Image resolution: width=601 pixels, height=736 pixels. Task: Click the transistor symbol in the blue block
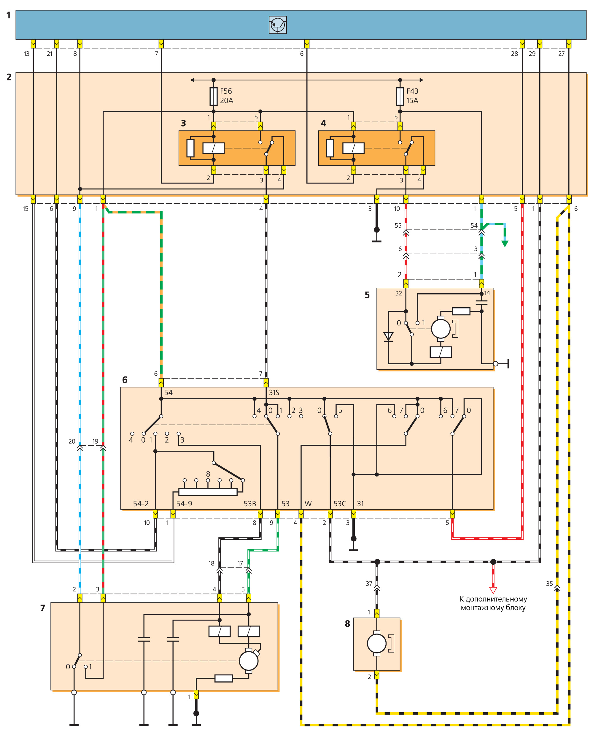(x=278, y=25)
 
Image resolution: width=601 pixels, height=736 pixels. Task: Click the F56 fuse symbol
(x=214, y=96)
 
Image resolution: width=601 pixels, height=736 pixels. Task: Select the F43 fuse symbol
(x=400, y=96)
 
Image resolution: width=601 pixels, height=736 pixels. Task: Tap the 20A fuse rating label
(x=226, y=100)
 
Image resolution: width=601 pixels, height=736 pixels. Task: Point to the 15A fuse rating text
(x=412, y=100)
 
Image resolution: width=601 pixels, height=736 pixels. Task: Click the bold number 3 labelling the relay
(x=184, y=124)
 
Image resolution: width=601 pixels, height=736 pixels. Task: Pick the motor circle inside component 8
(x=377, y=643)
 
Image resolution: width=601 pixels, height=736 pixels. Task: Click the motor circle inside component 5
(x=441, y=328)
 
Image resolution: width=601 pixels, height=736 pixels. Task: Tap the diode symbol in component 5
(x=388, y=337)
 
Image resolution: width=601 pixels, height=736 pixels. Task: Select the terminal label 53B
(x=249, y=504)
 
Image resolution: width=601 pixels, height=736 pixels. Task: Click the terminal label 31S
(x=274, y=392)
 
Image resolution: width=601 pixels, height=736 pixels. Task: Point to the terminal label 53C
(x=340, y=504)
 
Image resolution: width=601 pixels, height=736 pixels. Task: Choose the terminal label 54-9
(x=184, y=504)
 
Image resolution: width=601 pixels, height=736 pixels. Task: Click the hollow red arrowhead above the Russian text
(x=493, y=591)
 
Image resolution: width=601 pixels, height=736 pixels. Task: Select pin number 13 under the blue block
(x=27, y=54)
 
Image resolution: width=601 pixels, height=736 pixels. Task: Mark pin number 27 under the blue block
(x=562, y=54)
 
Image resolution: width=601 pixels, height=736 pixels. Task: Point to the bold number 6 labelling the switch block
(x=125, y=380)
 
